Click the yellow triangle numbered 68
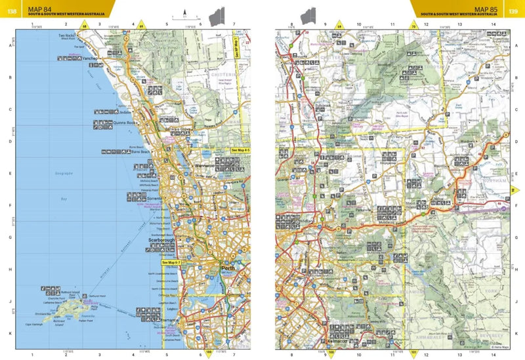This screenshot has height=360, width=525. pyautogui.click(x=83, y=26)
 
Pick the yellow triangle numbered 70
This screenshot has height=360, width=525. pyautogui.click(x=413, y=26)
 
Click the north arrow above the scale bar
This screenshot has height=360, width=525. pyautogui.click(x=186, y=11)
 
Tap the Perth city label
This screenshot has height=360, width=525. pyautogui.click(x=228, y=269)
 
